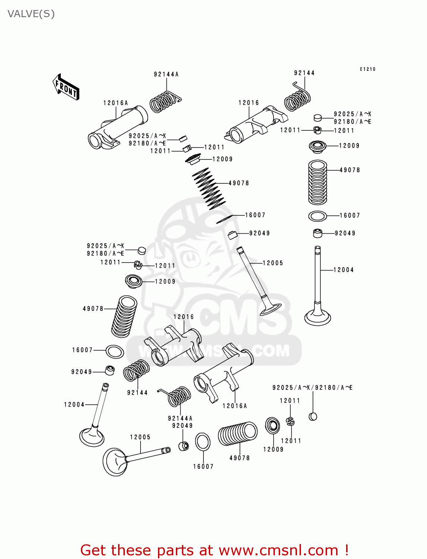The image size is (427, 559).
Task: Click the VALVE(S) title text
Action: tap(31, 14)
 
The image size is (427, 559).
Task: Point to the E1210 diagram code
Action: tap(367, 69)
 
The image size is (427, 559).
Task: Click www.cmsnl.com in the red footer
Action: tap(278, 550)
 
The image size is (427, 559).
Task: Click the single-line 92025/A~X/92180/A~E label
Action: tap(312, 388)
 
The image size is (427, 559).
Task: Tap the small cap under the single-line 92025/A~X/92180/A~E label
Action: tap(313, 416)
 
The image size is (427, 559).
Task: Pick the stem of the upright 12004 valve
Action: tap(317, 276)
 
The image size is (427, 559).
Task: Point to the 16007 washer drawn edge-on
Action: tap(224, 219)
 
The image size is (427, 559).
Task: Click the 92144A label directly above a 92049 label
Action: tap(180, 418)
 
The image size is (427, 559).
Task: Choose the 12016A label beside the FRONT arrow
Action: tap(116, 103)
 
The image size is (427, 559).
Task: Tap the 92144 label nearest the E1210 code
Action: tap(304, 73)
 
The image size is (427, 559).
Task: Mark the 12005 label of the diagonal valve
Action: tap(273, 263)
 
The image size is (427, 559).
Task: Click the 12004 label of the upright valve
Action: tap(343, 270)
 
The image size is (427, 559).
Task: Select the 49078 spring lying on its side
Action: tap(238, 434)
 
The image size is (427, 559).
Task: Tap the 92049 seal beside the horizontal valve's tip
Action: tap(183, 446)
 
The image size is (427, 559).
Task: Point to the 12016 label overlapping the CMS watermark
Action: tap(184, 317)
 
